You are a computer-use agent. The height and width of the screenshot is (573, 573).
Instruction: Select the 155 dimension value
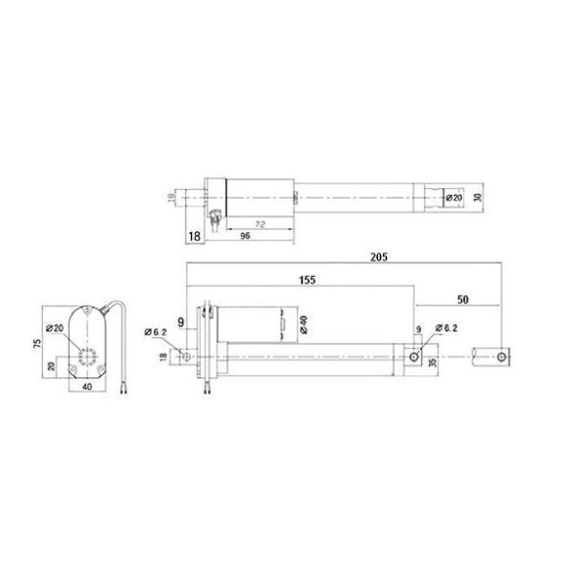pos(307,279)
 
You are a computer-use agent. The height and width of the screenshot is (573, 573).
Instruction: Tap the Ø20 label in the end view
pos(55,327)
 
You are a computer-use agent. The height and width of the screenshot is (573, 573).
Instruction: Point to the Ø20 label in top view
pos(454,197)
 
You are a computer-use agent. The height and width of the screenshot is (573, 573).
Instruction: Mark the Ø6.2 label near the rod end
pos(441,327)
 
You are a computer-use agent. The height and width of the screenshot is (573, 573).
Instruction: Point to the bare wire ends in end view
pos(125,389)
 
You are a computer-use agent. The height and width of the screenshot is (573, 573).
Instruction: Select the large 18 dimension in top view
pos(192,236)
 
